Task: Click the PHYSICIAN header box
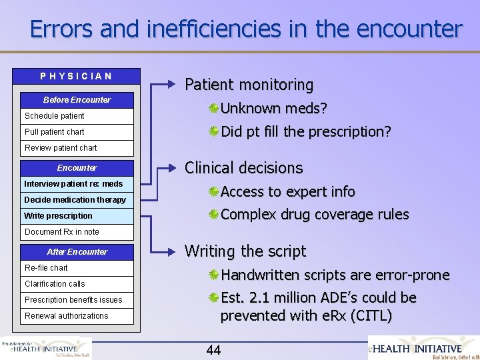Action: click(x=77, y=76)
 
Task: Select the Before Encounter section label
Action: click(x=77, y=100)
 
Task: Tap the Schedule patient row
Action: click(x=77, y=115)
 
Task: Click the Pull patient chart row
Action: click(x=77, y=132)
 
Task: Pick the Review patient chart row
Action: click(x=77, y=148)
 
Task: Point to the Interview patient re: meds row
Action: click(x=77, y=183)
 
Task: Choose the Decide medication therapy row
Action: click(x=77, y=200)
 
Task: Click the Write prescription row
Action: click(x=77, y=216)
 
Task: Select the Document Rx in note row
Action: click(x=77, y=232)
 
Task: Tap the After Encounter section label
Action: click(x=77, y=252)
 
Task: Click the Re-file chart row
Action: click(x=77, y=268)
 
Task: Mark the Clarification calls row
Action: click(x=77, y=284)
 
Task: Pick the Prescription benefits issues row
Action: click(x=77, y=300)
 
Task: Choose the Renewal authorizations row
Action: click(x=77, y=316)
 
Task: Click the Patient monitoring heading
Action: click(x=249, y=85)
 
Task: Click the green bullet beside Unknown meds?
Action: click(x=213, y=109)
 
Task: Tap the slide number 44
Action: click(x=214, y=350)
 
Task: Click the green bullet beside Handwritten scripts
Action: click(x=213, y=275)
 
